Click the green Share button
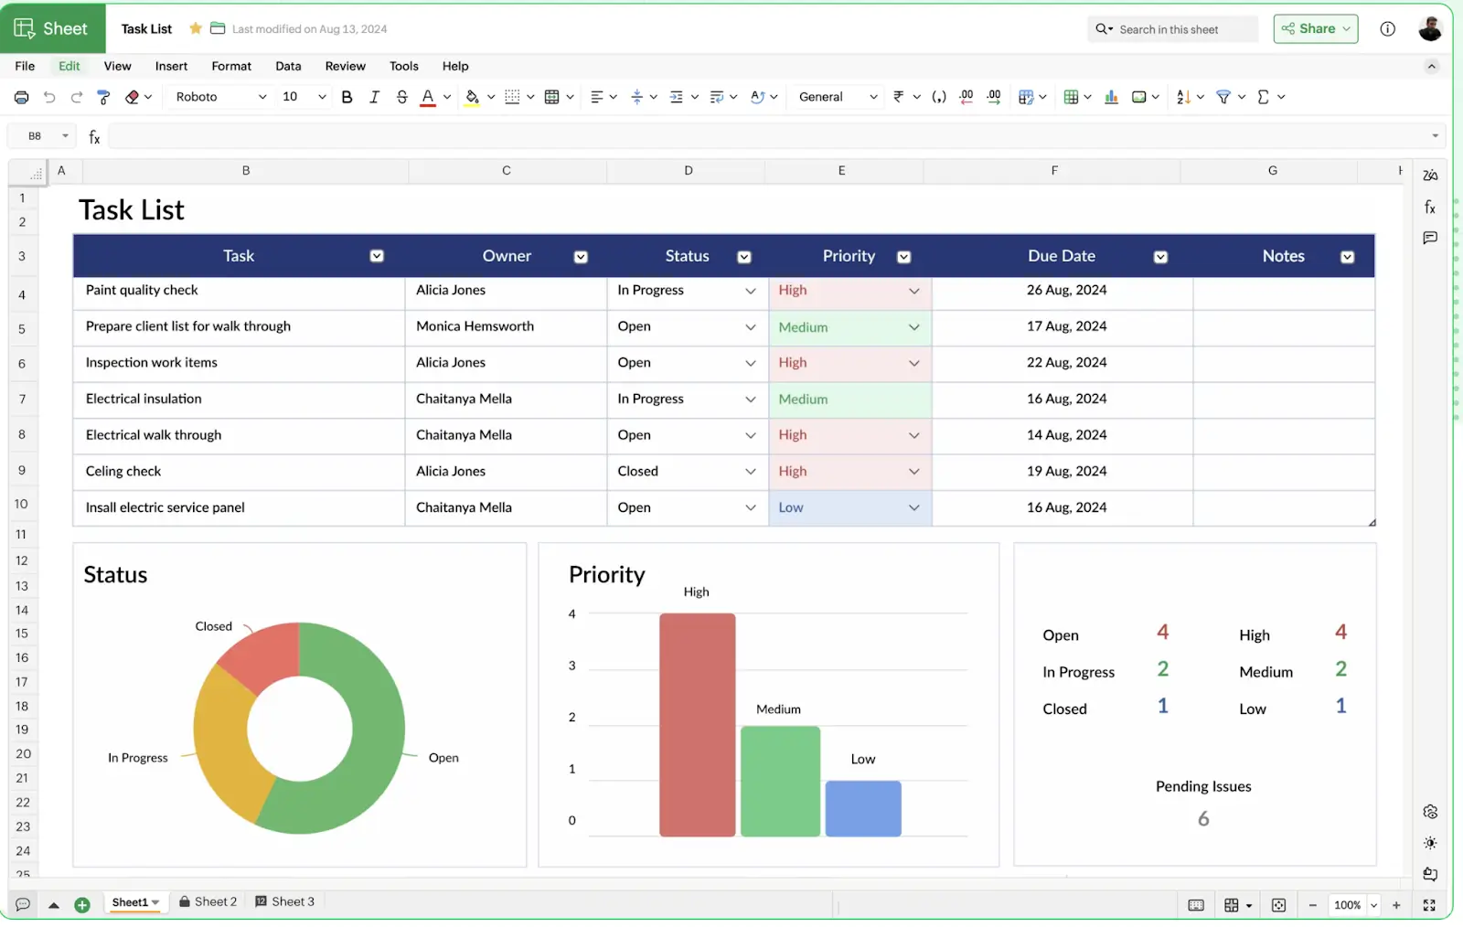coord(1315,29)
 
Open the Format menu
coord(231,66)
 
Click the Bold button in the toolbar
coord(347,97)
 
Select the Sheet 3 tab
coord(285,901)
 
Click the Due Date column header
coord(1061,256)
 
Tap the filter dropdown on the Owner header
coord(581,257)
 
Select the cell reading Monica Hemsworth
coord(475,326)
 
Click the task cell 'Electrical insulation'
coord(144,399)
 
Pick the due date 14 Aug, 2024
coord(1066,435)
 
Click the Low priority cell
coord(792,507)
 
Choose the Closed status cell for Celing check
coord(638,471)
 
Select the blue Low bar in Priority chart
coord(863,808)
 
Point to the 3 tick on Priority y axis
coord(572,666)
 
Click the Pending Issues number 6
coord(1203,819)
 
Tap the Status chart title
coord(115,575)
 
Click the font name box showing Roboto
coord(219,97)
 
